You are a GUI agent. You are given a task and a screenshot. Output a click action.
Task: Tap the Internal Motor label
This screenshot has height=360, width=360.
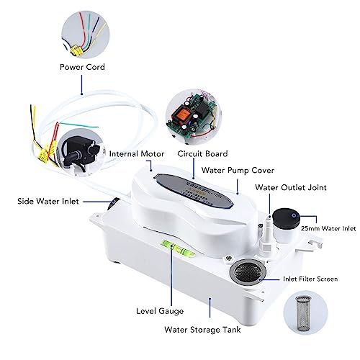(x=138, y=153)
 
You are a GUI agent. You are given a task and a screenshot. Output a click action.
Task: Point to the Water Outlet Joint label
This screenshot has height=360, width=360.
(x=292, y=187)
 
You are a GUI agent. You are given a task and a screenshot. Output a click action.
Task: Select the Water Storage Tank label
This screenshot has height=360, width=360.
(x=212, y=331)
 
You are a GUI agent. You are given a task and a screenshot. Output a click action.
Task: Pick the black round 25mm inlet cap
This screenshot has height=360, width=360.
(x=287, y=218)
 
